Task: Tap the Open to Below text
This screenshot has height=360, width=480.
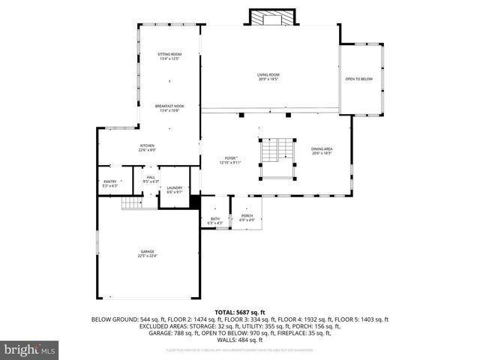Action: pos(358,79)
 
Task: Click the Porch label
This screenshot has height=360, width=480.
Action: pos(247,218)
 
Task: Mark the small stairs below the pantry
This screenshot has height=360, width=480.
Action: pos(132,202)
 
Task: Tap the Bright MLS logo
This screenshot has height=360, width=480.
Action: pos(30,349)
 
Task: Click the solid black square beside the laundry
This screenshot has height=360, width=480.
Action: pos(195,202)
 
